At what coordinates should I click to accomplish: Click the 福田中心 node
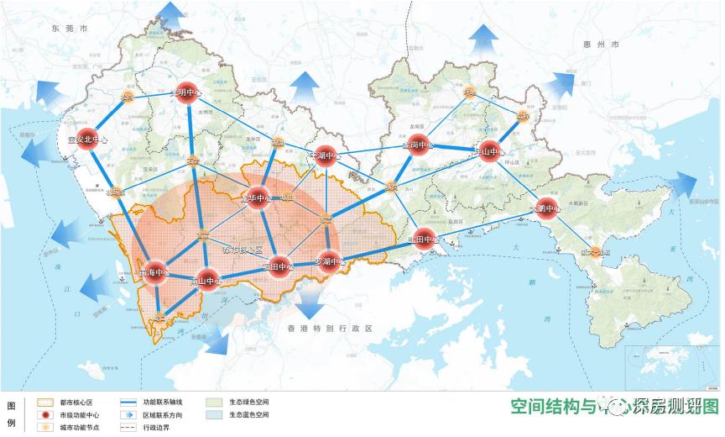coord(279,267)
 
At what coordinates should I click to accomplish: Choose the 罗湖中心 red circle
coord(329,262)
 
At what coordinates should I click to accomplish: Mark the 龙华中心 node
coord(258,198)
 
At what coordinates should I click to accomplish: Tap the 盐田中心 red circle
coord(425,240)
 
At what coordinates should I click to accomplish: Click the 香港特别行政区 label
coord(328,328)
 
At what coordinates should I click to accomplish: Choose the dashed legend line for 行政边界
coord(129,428)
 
